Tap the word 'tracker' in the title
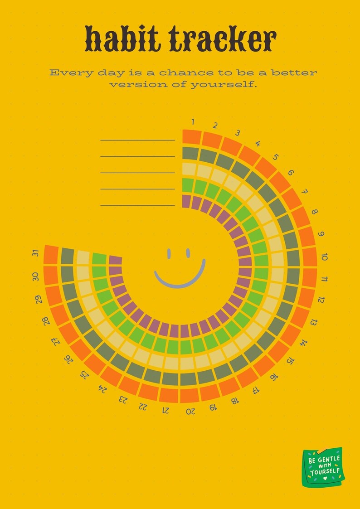[x=223, y=39]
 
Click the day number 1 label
[x=193, y=121]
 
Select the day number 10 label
[x=324, y=257]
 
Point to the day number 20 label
[x=190, y=411]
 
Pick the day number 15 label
[x=290, y=361]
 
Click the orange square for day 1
[x=191, y=136]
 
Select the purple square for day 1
[x=186, y=201]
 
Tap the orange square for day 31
[x=51, y=255]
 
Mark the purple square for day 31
[x=116, y=260]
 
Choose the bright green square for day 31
[x=99, y=259]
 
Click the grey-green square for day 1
[x=190, y=153]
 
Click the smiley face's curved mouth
[x=180, y=279]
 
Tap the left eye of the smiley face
[x=169, y=253]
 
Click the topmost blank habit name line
[x=137, y=140]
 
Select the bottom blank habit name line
[x=137, y=205]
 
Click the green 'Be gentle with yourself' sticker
[x=322, y=467]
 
